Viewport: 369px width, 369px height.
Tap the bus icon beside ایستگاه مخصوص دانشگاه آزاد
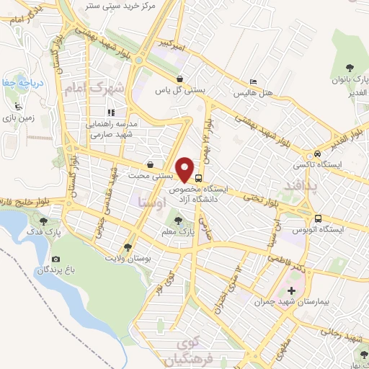pos(199,179)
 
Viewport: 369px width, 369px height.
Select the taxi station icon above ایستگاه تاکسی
pos(316,155)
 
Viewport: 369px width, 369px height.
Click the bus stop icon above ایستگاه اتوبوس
pos(318,218)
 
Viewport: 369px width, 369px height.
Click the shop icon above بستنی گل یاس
pos(179,79)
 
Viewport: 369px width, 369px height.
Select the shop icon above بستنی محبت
pos(149,164)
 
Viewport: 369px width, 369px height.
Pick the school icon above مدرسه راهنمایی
pos(110,112)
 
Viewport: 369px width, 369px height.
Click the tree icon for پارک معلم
pos(179,221)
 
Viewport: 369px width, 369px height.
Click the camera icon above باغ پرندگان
pos(56,259)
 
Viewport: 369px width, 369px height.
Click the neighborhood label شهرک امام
pos(94,89)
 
